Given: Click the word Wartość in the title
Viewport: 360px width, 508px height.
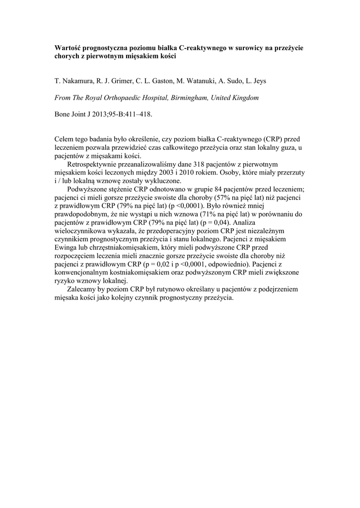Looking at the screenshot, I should (68, 48).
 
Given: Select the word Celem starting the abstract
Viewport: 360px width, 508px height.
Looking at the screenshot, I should (66, 140).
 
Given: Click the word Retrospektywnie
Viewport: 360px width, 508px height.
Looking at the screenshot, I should (94, 164).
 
